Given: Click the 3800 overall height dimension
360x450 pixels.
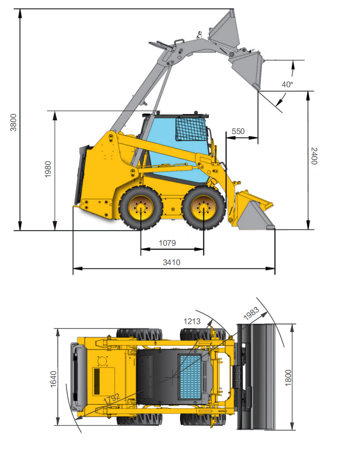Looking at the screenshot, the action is (x=13, y=123).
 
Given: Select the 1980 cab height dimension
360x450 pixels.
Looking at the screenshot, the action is (x=48, y=169).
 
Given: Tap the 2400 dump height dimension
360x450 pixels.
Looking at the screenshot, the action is (x=314, y=156).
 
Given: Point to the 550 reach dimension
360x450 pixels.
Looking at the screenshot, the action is (x=238, y=131).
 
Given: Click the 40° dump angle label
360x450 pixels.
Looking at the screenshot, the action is (x=287, y=84).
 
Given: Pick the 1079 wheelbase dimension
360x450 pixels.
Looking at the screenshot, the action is (x=167, y=243).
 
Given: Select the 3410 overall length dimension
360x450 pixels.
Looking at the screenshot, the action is (x=171, y=262).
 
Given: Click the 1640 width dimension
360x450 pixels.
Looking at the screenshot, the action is (x=53, y=379).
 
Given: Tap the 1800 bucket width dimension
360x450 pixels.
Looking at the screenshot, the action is (x=288, y=377).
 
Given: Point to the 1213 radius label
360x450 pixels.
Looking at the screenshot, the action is (x=192, y=321).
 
